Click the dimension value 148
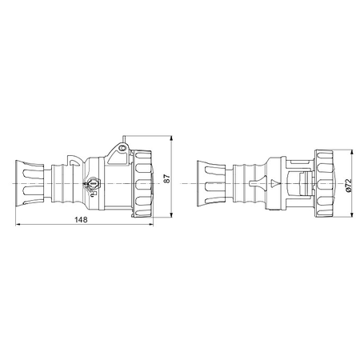tap(81, 220)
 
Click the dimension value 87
tap(166, 178)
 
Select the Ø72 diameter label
tap(349, 185)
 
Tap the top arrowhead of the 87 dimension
tap(171, 138)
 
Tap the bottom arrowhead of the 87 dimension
tap(171, 215)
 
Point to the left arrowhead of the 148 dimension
tap(18, 225)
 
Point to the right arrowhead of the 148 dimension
tap(151, 225)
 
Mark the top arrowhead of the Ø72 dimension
tap(352, 152)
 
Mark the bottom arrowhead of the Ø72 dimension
tap(352, 214)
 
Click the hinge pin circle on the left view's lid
tap(122, 148)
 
